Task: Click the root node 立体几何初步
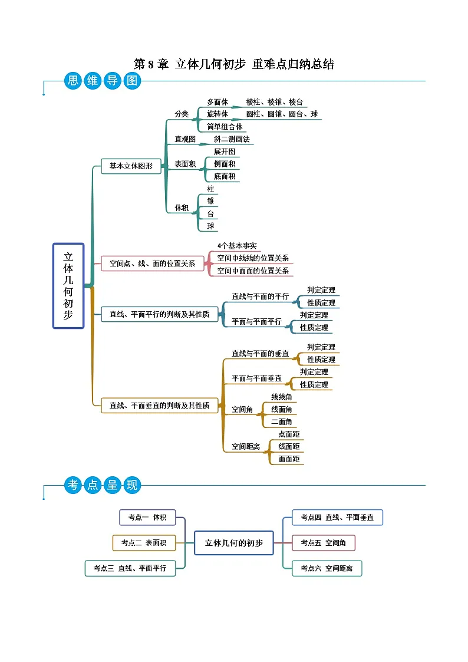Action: click(68, 285)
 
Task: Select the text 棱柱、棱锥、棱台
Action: click(274, 102)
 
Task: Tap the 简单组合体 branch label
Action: click(225, 127)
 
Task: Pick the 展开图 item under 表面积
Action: click(224, 151)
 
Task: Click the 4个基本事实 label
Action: click(237, 246)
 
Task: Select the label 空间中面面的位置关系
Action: click(253, 271)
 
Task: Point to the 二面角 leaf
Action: click(281, 421)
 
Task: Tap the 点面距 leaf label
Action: click(289, 434)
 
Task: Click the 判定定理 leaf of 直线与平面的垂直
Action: click(321, 347)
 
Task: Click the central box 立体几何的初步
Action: click(233, 542)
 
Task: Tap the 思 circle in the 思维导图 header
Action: click(73, 81)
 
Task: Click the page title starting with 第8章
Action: click(233, 64)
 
